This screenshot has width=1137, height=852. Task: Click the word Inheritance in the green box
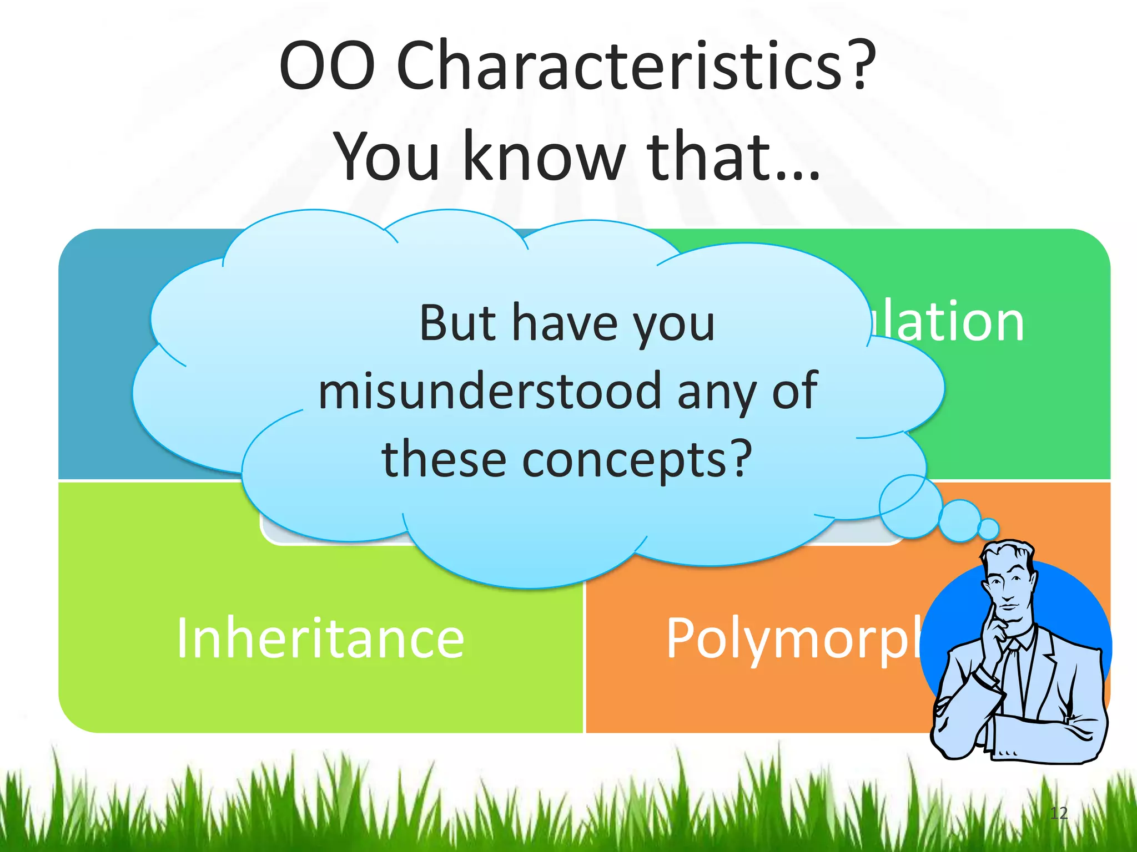click(320, 639)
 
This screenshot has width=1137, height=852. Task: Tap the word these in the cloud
click(444, 460)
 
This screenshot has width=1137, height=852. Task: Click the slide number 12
click(1059, 813)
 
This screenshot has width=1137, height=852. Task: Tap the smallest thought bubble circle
click(988, 529)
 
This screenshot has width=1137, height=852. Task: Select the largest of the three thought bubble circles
click(910, 506)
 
